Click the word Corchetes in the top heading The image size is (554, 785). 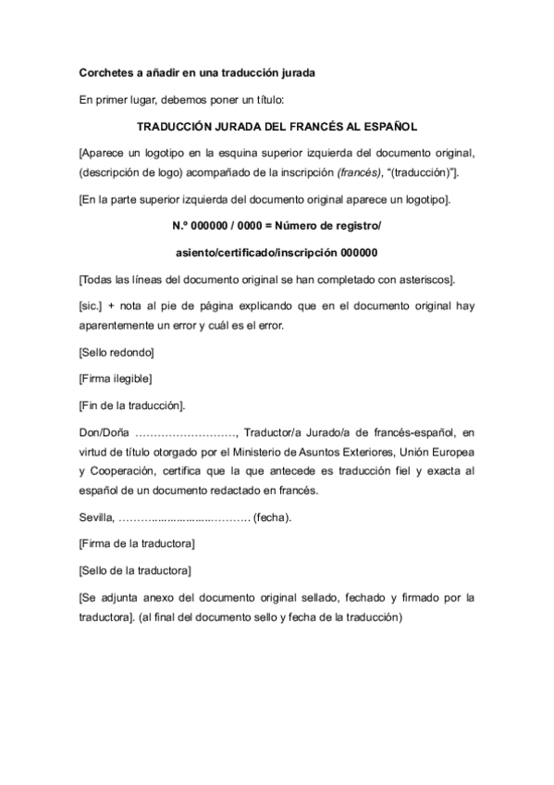point(105,72)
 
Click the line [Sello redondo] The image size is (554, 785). point(117,353)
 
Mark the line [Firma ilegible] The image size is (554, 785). point(116,379)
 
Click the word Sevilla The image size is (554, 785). point(97,517)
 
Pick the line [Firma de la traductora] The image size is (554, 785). point(137,542)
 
